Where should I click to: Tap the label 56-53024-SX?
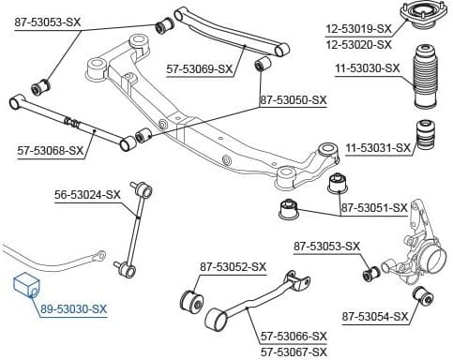[x=88, y=195]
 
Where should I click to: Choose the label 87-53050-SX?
[x=293, y=99]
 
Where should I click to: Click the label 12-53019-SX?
[x=360, y=29]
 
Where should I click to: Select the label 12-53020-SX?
[x=360, y=43]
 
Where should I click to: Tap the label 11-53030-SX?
[x=366, y=68]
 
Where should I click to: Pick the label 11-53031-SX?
[x=378, y=148]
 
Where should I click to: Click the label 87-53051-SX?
[x=374, y=207]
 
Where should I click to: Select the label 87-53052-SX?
[x=234, y=267]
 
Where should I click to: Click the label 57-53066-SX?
[x=294, y=336]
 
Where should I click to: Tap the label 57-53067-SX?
[x=294, y=351]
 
